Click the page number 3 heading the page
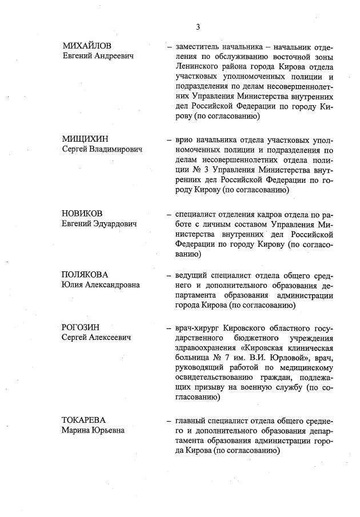click(x=198, y=27)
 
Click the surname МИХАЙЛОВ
click(x=87, y=46)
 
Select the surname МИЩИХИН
click(x=85, y=139)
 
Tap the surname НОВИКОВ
click(x=82, y=214)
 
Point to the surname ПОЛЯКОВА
click(x=85, y=274)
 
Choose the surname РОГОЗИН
click(x=81, y=327)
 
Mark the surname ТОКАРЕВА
click(x=84, y=420)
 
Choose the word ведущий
click(x=194, y=275)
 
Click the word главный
click(x=193, y=420)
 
